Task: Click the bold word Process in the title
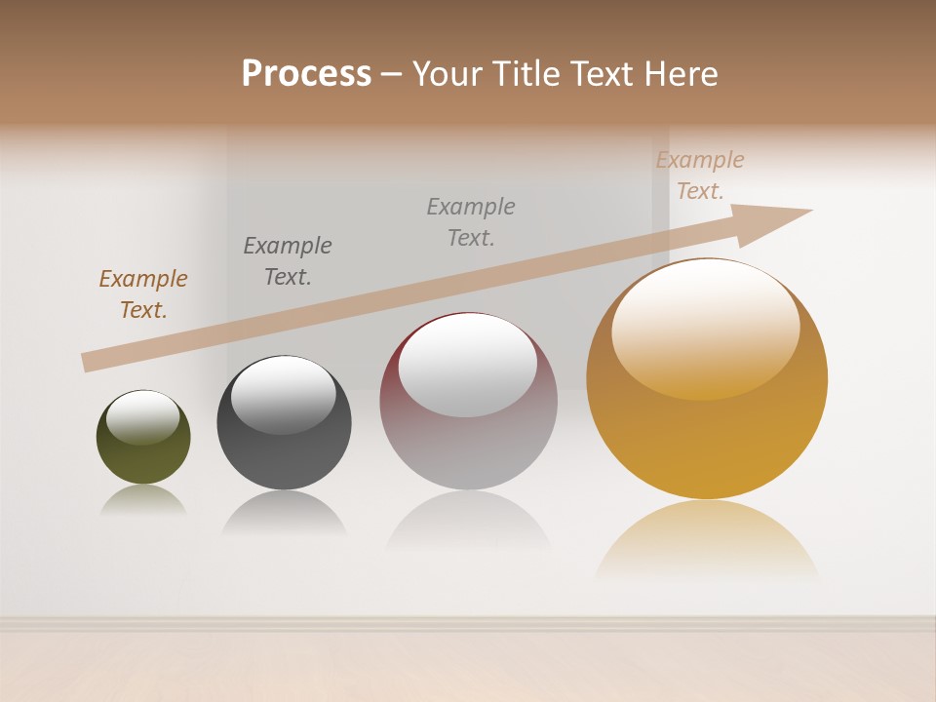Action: (x=306, y=74)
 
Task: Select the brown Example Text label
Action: (x=143, y=294)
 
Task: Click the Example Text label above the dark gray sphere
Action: (x=288, y=261)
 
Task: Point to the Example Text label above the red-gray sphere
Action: (x=471, y=222)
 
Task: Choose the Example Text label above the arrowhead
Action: (x=700, y=175)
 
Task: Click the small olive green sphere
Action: (x=143, y=453)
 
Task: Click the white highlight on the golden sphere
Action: (x=705, y=327)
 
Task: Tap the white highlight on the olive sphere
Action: (x=143, y=417)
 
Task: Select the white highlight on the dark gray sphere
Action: (x=284, y=393)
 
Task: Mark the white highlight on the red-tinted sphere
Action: (x=468, y=366)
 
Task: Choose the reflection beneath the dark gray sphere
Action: (x=284, y=511)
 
